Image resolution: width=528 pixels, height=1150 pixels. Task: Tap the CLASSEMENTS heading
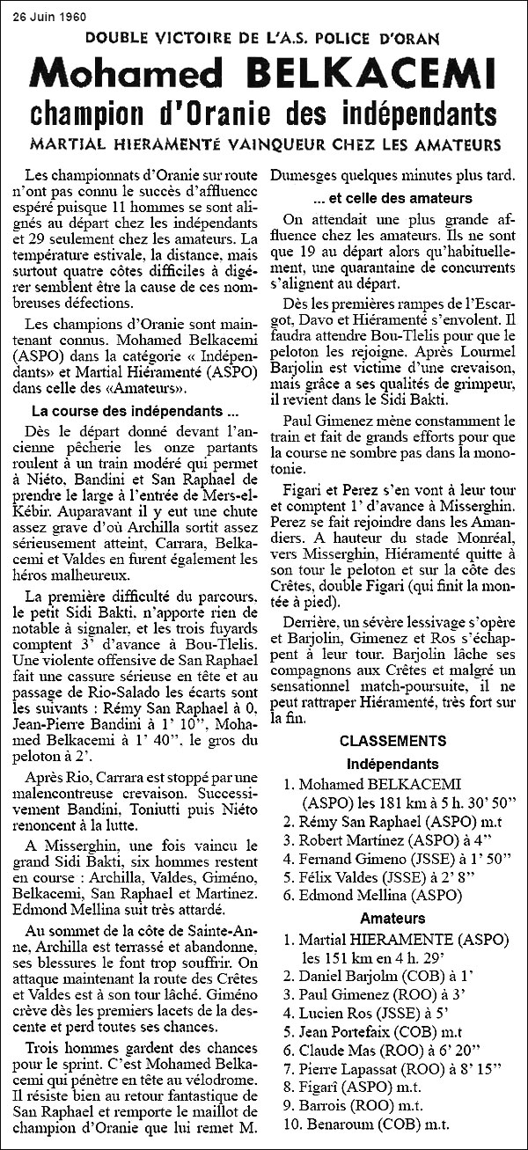click(x=392, y=741)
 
